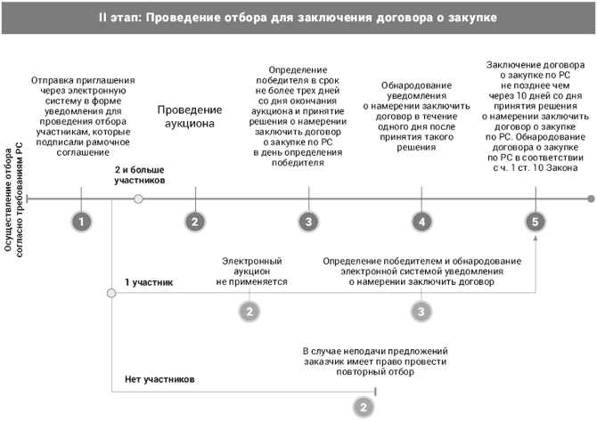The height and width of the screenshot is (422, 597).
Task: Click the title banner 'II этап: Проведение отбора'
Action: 298,17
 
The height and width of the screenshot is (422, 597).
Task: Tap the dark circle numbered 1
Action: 81,222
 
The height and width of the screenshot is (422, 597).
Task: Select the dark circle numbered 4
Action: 421,222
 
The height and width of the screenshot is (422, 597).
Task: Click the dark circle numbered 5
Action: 535,222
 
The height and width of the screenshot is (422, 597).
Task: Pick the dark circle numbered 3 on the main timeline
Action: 307,222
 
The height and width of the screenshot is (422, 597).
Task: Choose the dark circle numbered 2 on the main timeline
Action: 194,222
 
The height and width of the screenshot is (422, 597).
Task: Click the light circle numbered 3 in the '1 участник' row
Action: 421,312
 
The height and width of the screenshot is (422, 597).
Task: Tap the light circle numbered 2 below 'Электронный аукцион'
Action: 250,312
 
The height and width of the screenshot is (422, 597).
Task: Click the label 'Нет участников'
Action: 160,379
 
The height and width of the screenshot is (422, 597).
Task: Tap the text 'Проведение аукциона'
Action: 187,117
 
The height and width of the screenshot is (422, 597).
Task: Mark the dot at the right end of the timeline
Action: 590,199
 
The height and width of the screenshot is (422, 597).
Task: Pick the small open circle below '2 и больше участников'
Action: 138,199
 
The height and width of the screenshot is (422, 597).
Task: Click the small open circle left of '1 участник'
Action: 110,293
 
